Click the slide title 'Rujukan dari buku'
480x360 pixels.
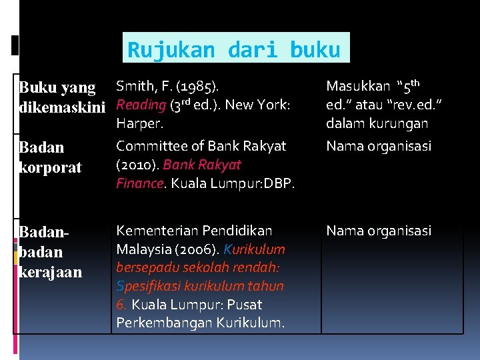point(234,49)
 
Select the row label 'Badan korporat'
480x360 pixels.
point(51,157)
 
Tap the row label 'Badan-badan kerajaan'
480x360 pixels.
point(51,251)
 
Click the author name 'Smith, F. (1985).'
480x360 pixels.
point(169,86)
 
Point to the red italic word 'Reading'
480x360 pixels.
point(141,105)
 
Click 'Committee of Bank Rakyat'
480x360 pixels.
point(201,145)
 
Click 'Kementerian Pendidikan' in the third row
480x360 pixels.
point(194,231)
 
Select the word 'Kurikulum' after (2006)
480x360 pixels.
point(255,249)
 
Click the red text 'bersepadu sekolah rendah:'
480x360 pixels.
point(199,267)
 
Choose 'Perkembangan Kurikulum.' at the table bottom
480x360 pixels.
point(200,323)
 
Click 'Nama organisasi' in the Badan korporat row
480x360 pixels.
point(378,145)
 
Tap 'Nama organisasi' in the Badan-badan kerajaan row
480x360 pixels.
point(378,231)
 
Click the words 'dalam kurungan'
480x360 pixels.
point(377,123)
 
